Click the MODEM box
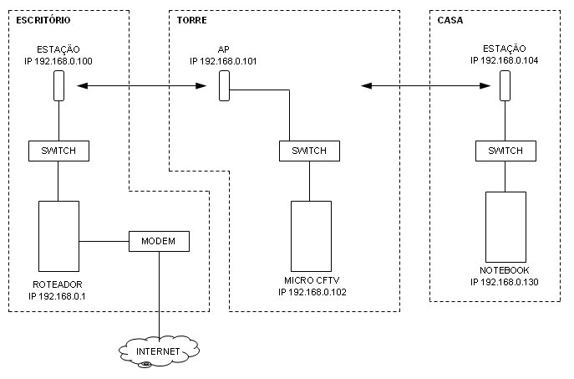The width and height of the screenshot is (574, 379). tap(159, 241)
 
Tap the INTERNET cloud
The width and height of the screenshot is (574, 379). tap(158, 351)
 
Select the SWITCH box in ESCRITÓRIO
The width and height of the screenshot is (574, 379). tap(58, 151)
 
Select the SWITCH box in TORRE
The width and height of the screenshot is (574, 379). tap(309, 151)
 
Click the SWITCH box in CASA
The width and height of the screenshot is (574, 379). tap(505, 151)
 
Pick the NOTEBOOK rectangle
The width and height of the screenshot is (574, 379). tap(505, 226)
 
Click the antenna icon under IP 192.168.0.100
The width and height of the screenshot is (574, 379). tap(58, 86)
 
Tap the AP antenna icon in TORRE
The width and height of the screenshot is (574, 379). tap(225, 86)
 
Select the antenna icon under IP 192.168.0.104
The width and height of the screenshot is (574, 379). tap(505, 86)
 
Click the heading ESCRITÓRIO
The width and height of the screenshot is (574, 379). tap(43, 18)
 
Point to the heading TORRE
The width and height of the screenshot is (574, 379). tap(193, 18)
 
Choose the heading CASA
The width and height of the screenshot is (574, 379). tap(450, 18)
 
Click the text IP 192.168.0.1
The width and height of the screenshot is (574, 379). tap(58, 296)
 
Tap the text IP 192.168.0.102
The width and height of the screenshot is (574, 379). tap(312, 292)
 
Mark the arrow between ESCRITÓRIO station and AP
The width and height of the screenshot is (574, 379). tap(140, 85)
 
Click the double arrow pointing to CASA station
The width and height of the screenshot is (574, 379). tap(424, 85)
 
